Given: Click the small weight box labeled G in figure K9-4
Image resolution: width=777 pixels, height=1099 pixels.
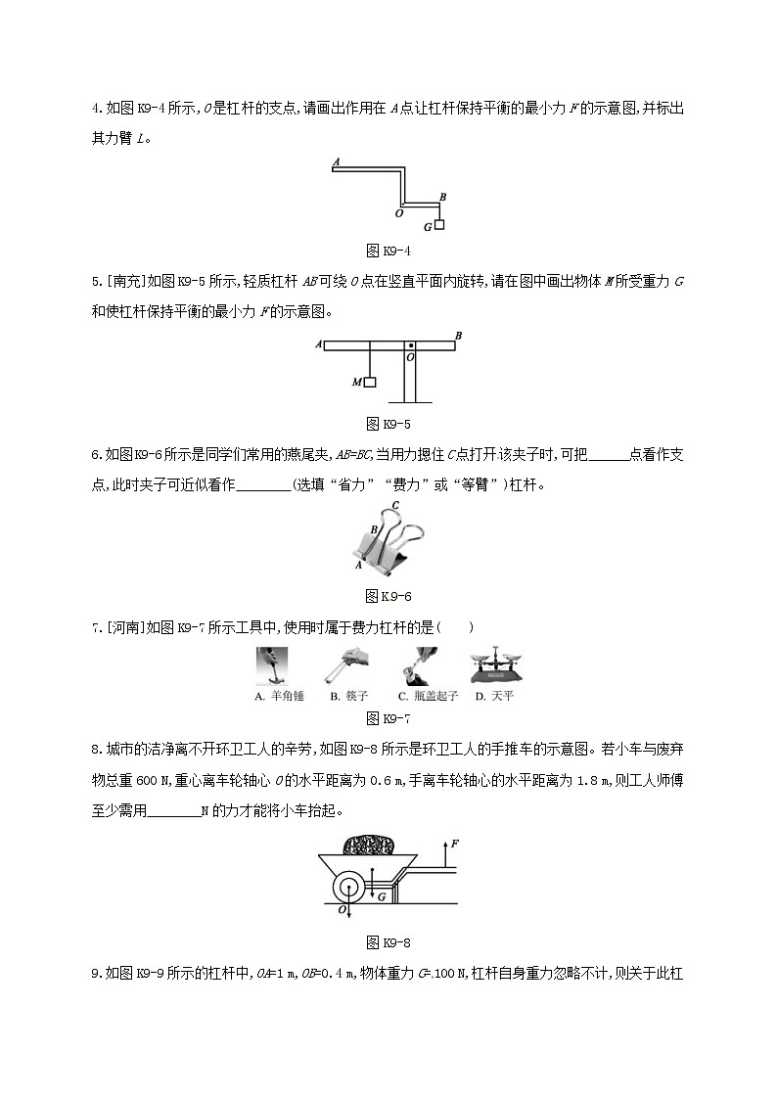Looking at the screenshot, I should pos(439,226).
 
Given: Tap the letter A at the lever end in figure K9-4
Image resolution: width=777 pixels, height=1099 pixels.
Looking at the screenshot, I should pos(336,161).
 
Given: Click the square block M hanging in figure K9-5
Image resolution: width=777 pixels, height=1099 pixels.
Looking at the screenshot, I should pos(370,382).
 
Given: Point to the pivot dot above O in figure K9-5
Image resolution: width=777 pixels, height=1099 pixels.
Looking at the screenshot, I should pos(411,345).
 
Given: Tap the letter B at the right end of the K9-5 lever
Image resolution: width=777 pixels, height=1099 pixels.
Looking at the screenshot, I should pos(458,336).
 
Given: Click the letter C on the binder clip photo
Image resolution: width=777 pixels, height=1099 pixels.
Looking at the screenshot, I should pos(394,506).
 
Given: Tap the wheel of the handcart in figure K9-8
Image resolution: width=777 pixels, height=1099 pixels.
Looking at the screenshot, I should pos(350,891).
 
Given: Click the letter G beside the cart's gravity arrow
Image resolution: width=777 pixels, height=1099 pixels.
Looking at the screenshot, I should pos(383,896).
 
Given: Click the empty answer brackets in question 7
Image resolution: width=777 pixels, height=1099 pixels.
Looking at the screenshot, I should pos(456,627).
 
